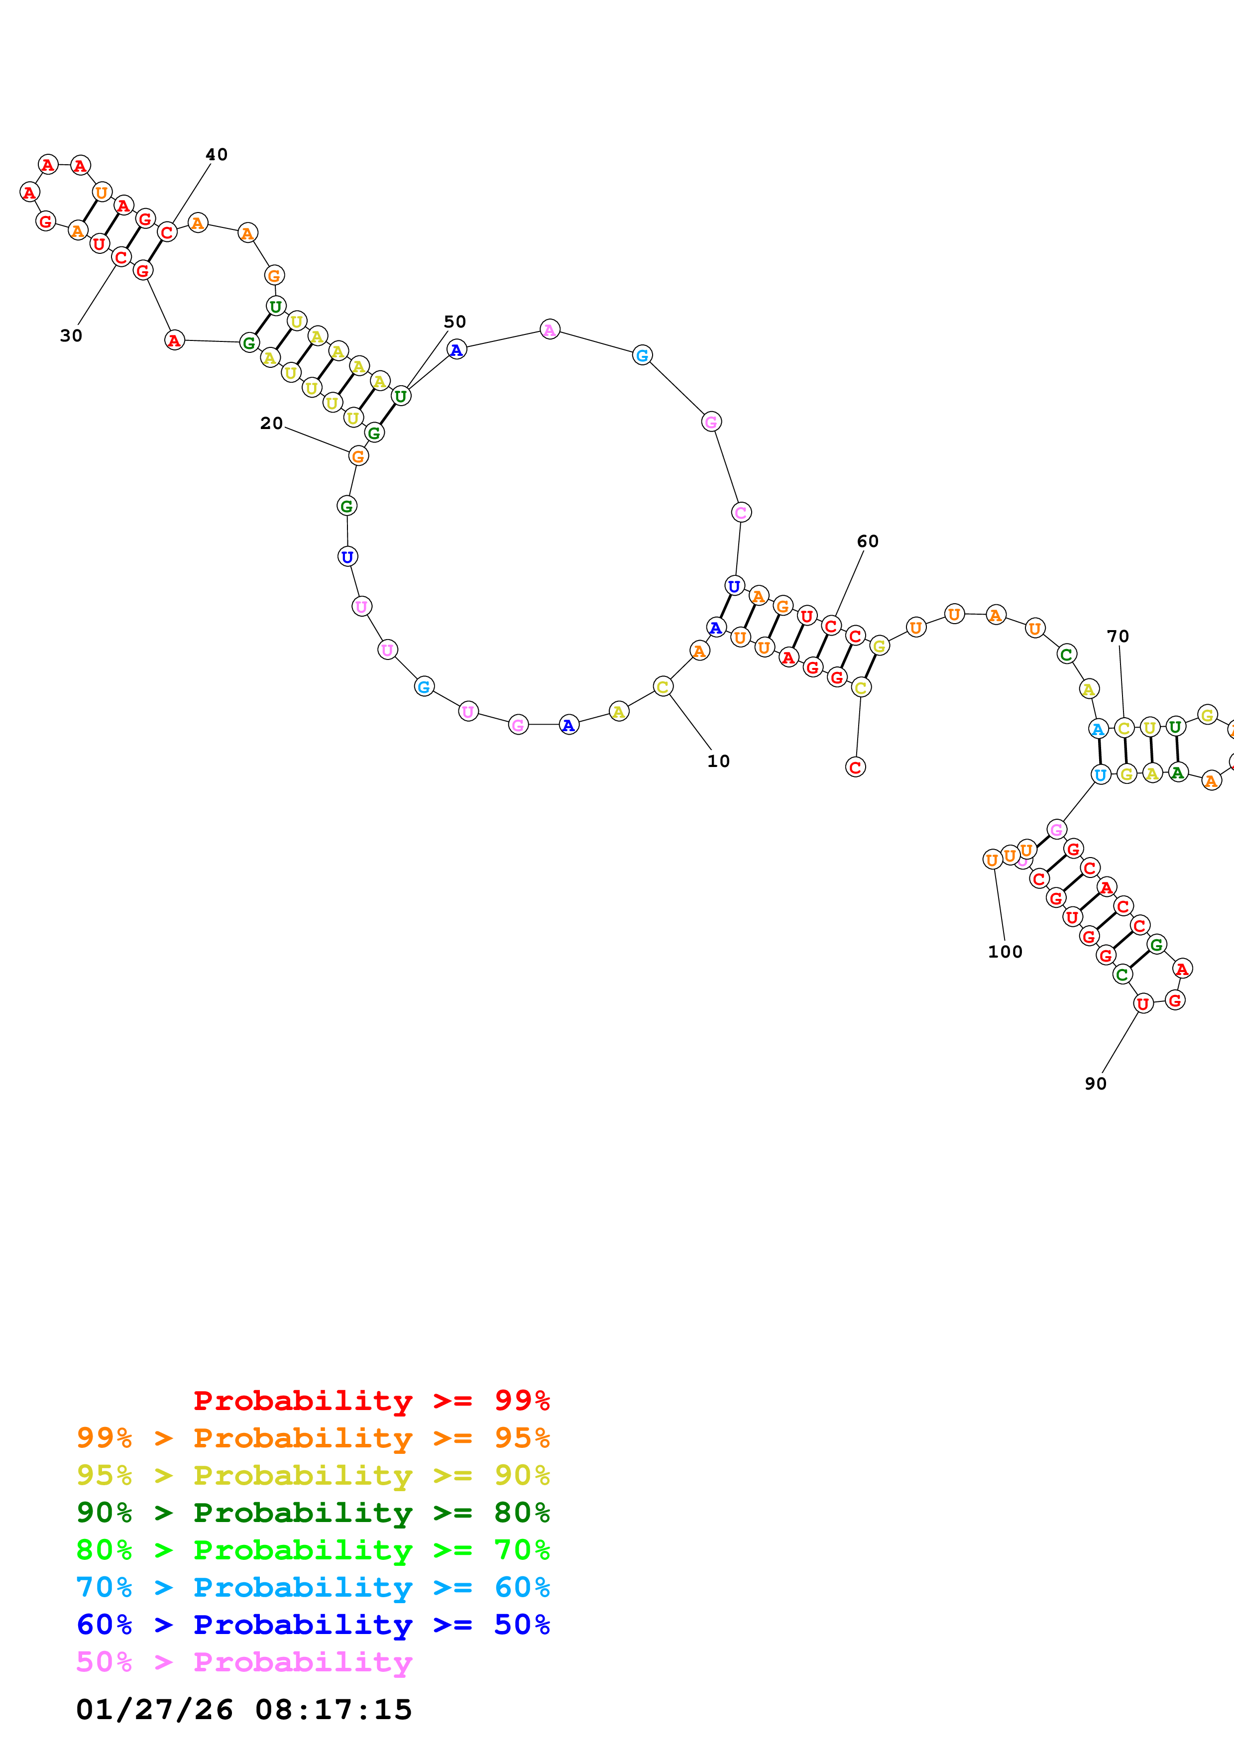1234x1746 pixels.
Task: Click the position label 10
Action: (718, 761)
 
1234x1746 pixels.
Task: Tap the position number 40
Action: (217, 154)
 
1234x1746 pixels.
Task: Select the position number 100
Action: (1005, 951)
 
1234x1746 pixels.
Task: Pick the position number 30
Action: (71, 335)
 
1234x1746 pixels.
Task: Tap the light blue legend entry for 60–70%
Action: (313, 1587)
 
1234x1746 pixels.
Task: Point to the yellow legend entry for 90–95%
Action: (313, 1475)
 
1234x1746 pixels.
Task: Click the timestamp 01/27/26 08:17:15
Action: (244, 1710)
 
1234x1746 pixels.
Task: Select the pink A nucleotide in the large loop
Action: (550, 329)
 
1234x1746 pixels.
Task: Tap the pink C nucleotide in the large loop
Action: (741, 513)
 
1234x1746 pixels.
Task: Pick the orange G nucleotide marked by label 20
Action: (358, 456)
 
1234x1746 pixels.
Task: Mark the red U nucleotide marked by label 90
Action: (1143, 1004)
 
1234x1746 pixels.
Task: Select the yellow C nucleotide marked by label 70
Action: (1124, 728)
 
